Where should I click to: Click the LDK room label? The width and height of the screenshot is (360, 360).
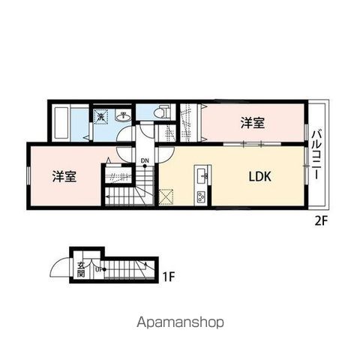259,178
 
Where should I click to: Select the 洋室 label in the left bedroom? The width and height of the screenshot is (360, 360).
64,177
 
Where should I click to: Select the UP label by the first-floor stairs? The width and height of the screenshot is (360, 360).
98,267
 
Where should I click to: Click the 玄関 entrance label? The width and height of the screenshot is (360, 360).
79,268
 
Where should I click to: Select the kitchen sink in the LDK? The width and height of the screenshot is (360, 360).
200,177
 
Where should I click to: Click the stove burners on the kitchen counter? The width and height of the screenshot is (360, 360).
200,197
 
